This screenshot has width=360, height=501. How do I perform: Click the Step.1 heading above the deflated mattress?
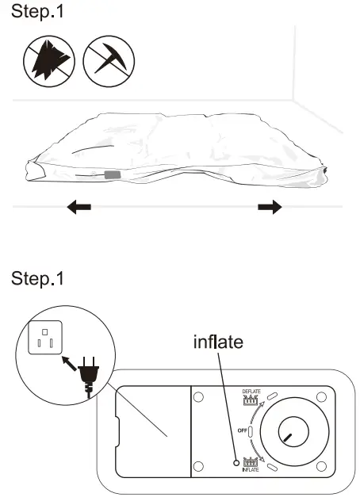37,12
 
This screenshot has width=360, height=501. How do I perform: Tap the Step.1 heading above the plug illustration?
37,278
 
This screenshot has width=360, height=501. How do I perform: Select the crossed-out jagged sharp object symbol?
49,61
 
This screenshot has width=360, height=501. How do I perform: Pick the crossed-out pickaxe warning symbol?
109,61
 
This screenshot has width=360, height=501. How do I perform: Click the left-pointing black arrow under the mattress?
79,207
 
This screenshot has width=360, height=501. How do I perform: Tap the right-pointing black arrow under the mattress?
270,207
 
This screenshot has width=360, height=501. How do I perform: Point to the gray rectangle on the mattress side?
113,175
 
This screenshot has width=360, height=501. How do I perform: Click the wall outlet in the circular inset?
45,338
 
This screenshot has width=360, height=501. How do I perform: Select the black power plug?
88,377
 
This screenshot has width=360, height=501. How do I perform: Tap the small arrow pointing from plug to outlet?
69,363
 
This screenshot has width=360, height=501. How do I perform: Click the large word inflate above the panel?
218,342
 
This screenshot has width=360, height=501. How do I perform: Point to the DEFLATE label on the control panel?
251,392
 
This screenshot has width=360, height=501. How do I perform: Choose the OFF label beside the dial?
243,430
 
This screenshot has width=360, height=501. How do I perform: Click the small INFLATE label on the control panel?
251,469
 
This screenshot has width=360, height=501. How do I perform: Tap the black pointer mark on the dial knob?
287,438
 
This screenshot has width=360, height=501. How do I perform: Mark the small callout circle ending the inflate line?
236,463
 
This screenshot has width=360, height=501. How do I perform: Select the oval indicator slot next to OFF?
251,431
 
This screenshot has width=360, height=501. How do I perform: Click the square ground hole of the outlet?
44,332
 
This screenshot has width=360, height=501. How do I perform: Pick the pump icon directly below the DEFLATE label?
251,400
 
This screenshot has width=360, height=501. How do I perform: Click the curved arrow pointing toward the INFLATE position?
256,450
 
